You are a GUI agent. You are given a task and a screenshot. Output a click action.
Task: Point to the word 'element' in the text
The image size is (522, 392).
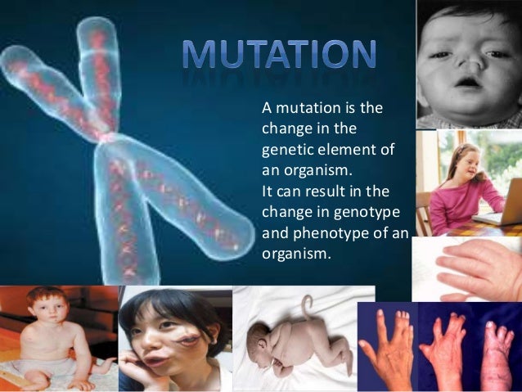pos(347,146)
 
